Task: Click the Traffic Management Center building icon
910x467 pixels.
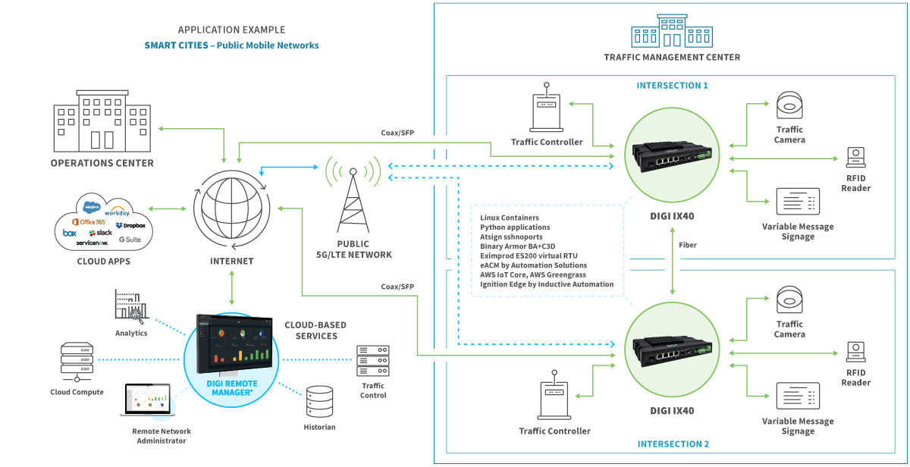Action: pyautogui.click(x=671, y=31)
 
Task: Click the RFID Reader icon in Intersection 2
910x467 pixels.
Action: pyautogui.click(x=855, y=351)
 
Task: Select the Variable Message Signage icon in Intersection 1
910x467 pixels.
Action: pyautogui.click(x=798, y=202)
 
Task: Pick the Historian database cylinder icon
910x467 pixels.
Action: pyautogui.click(x=319, y=402)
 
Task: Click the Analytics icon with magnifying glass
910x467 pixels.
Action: pyautogui.click(x=130, y=306)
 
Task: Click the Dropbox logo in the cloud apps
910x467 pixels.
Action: pyautogui.click(x=130, y=226)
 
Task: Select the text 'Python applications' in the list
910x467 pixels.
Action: pyautogui.click(x=515, y=227)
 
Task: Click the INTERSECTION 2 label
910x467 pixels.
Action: pyautogui.click(x=673, y=444)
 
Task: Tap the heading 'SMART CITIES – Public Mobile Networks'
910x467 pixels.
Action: pyautogui.click(x=231, y=45)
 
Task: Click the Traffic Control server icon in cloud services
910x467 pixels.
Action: pyautogui.click(x=372, y=361)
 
